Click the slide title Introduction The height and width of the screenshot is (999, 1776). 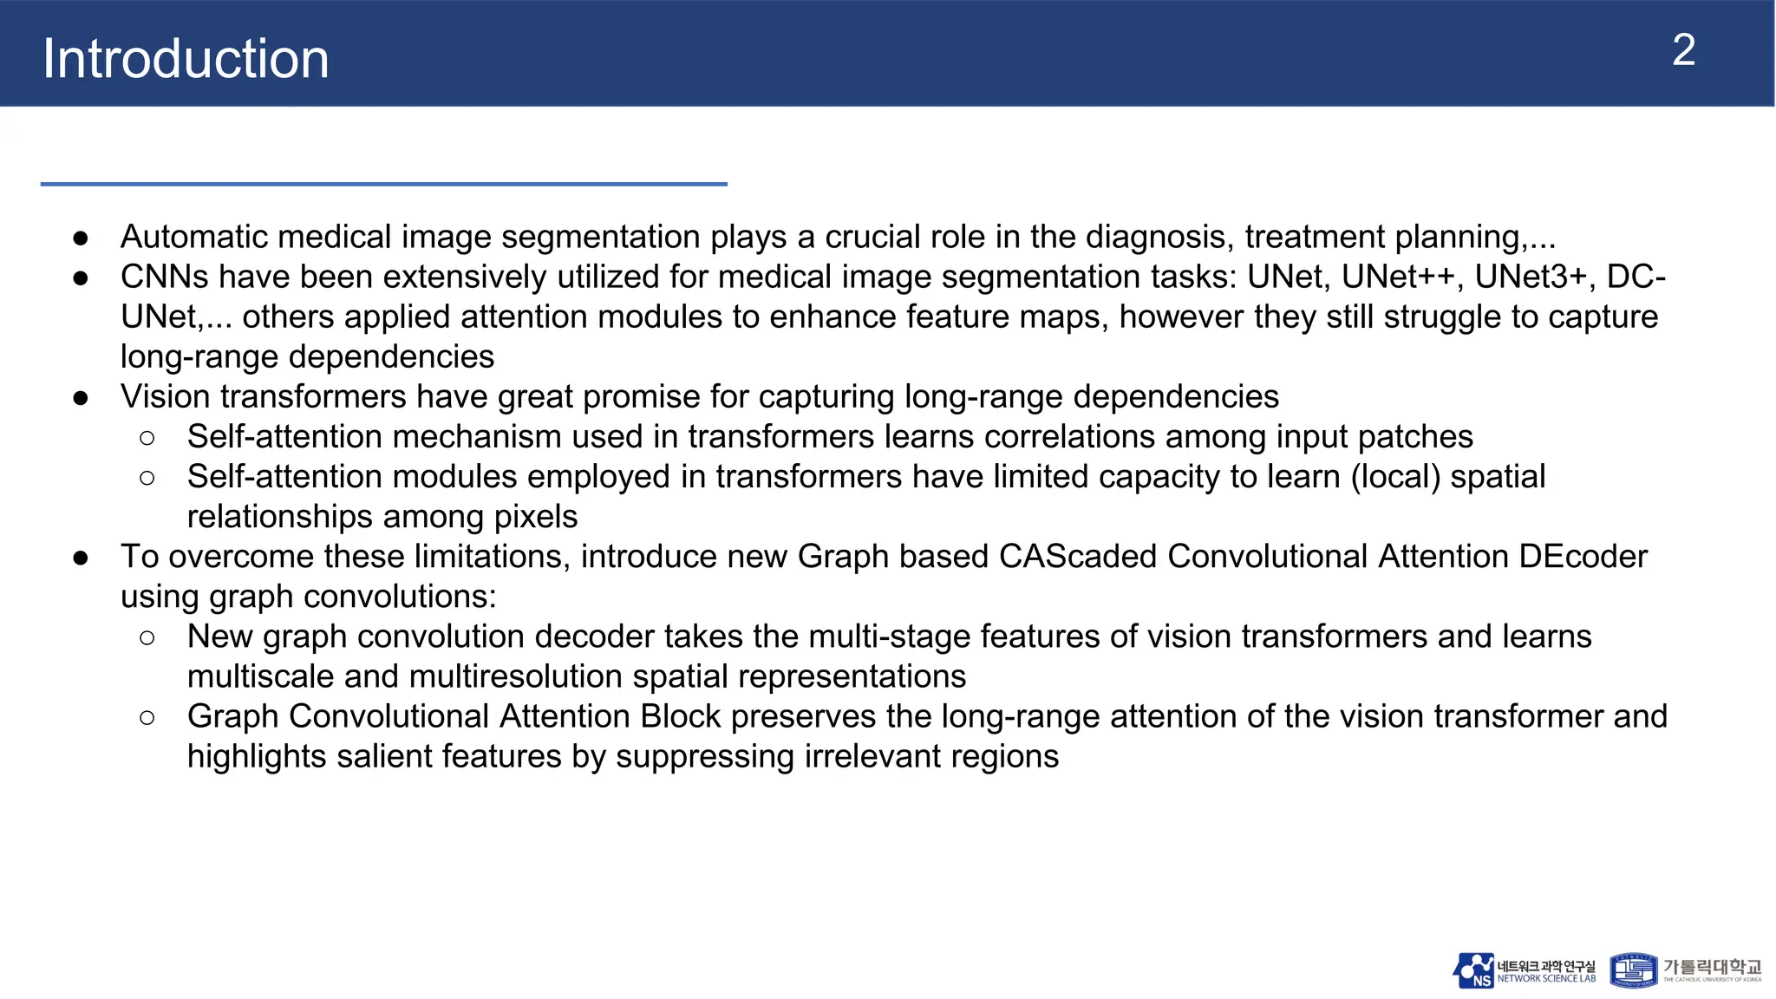[186, 59]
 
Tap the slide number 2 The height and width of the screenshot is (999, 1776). [1683, 50]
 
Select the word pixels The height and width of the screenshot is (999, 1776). [535, 517]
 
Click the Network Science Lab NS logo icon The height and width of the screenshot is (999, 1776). [1473, 970]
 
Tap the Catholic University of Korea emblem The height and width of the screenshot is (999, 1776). [1633, 970]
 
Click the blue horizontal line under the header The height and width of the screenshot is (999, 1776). [383, 184]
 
